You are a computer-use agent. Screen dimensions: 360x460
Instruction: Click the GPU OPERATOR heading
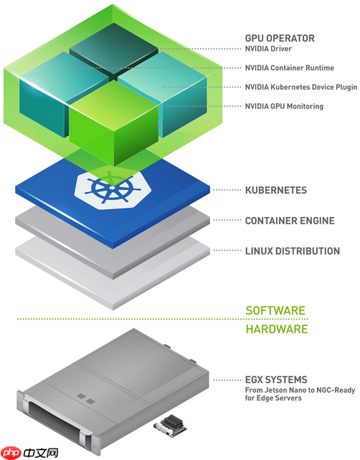280,38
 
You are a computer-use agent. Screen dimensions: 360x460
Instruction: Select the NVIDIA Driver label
268,49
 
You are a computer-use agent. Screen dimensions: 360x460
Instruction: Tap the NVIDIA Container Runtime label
290,68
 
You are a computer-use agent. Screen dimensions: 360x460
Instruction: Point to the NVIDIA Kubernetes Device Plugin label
301,87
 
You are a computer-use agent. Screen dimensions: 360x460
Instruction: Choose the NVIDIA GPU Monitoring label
284,106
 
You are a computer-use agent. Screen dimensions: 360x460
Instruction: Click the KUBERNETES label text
276,190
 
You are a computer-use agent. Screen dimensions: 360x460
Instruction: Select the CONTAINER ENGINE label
290,221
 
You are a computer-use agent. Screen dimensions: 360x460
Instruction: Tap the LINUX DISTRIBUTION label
293,251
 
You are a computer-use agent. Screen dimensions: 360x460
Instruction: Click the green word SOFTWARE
275,310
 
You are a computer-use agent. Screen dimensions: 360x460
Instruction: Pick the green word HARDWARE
277,329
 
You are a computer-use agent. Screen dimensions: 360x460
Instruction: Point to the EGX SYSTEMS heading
276,380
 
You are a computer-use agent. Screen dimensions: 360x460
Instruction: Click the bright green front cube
114,123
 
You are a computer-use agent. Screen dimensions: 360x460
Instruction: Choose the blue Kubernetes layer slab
113,203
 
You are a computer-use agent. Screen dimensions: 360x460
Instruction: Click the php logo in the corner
11,453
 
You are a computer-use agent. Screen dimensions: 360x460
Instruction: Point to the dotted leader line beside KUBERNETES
227,190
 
